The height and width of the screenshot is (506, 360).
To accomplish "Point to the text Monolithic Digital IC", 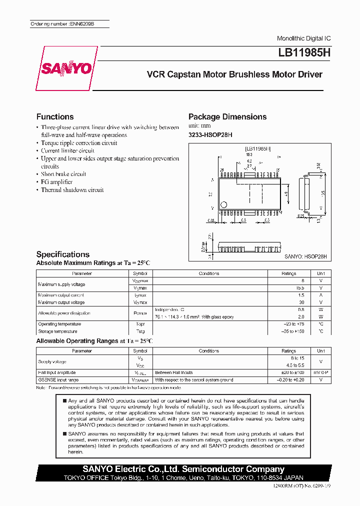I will [303, 38].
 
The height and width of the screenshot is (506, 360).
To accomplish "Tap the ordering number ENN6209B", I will [69, 24].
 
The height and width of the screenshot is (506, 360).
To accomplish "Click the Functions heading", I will [55, 116].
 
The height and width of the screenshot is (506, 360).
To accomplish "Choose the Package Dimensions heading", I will [227, 116].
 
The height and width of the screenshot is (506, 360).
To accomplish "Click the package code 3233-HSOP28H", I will [210, 135].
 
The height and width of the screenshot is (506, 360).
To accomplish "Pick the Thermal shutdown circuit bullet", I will [72, 190].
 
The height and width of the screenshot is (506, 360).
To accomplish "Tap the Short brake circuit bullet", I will [63, 174].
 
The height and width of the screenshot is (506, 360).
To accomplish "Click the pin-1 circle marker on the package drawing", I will [224, 204].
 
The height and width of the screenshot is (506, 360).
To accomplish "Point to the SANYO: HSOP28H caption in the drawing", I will [305, 256].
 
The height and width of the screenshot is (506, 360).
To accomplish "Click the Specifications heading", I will [63, 254].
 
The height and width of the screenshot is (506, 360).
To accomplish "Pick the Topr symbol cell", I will [139, 324].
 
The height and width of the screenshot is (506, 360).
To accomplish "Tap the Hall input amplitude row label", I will [57, 372].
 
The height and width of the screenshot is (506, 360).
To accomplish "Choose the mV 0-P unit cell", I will [320, 372].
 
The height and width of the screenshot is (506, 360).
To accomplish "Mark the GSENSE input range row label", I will [58, 380].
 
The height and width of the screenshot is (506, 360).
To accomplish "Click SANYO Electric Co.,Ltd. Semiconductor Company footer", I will [183, 469].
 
